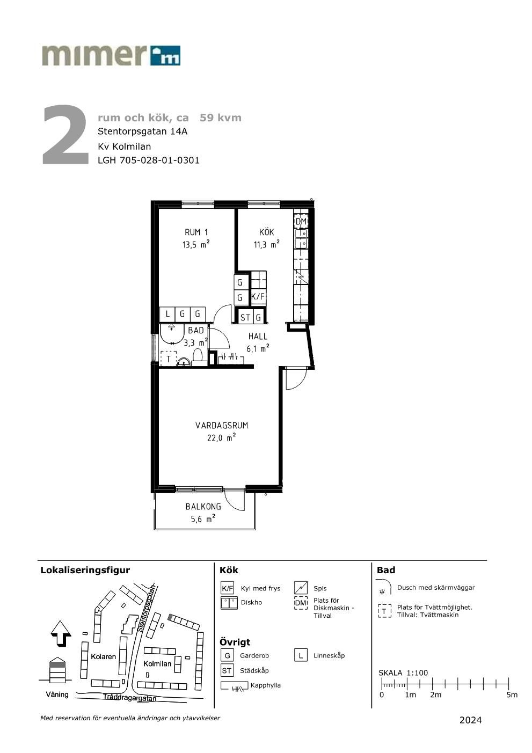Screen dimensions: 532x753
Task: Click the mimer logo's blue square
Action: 165,55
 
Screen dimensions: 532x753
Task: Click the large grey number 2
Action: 65,135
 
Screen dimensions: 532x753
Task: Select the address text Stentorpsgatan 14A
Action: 142,131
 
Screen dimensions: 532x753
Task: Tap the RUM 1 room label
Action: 196,232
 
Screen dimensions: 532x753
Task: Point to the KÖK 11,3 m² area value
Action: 267,244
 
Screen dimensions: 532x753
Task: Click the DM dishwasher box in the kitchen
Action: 301,221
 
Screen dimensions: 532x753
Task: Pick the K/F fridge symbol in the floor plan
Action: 258,297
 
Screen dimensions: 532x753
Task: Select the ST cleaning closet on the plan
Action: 245,317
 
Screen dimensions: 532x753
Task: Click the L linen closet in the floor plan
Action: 167,314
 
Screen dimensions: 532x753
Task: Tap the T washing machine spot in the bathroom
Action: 169,359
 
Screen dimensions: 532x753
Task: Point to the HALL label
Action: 258,336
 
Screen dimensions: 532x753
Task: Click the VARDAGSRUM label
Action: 222,425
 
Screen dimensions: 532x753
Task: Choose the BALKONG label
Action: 203,506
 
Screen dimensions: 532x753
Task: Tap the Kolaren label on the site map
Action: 103,656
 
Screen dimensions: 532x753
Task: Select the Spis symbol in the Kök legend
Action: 301,588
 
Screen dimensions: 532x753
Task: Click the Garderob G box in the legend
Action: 227,655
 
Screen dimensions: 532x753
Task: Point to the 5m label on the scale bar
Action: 512,695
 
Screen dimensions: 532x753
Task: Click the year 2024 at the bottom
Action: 470,720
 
